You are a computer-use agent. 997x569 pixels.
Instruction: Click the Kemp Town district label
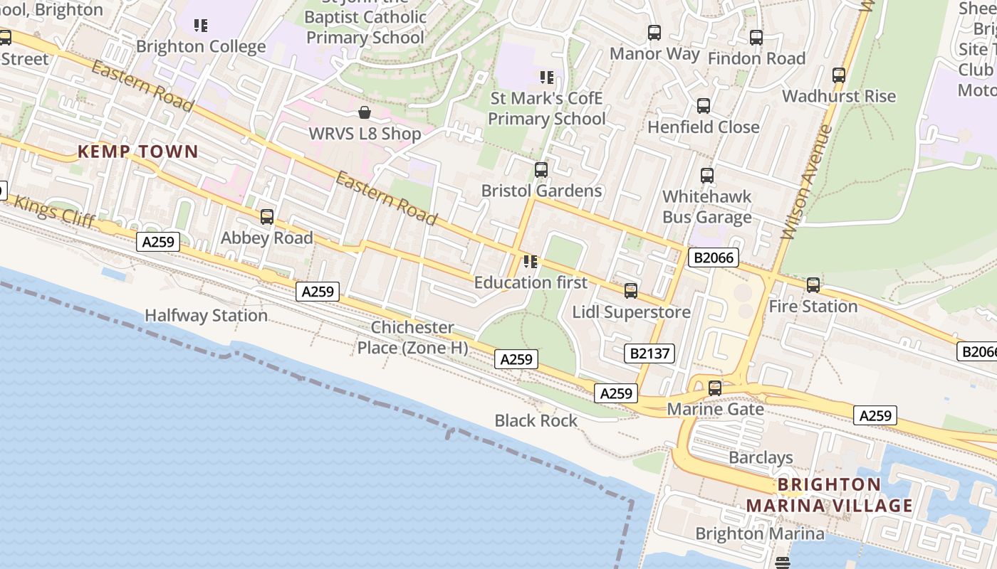(137, 151)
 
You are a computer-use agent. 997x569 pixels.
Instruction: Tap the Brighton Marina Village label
(829, 495)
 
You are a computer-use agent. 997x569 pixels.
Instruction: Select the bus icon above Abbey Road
(267, 217)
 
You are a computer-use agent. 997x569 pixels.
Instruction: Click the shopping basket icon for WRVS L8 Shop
(365, 112)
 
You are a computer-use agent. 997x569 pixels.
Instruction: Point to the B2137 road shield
(651, 353)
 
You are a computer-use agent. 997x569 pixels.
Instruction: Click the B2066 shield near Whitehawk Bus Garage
(713, 257)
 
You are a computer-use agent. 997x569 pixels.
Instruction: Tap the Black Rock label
(536, 420)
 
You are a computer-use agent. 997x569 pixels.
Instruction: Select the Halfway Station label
(206, 315)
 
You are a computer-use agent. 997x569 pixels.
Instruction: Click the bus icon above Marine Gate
(715, 388)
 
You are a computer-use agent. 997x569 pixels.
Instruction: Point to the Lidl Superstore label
(632, 312)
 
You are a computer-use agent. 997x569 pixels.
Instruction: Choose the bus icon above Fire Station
(813, 285)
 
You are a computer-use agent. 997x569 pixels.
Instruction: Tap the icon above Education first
(530, 262)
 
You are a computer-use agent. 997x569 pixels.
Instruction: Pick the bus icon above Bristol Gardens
(541, 170)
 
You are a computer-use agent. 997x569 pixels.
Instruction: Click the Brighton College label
(201, 47)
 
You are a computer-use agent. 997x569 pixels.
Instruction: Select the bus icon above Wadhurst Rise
(839, 75)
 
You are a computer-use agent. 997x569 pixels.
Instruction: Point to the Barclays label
(761, 457)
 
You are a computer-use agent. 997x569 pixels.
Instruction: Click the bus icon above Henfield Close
(704, 106)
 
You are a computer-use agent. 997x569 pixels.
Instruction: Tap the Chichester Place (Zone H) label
(412, 337)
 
